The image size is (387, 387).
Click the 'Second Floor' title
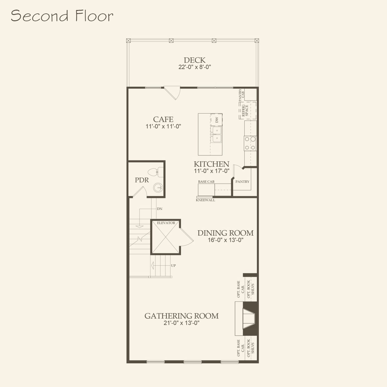click(62, 16)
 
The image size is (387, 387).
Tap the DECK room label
click(194, 60)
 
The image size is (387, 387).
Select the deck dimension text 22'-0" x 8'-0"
click(194, 67)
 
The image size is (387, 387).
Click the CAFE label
click(163, 119)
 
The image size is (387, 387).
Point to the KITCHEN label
click(211, 164)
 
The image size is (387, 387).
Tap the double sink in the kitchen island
click(216, 134)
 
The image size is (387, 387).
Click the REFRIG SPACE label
click(245, 110)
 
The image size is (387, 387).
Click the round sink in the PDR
click(158, 188)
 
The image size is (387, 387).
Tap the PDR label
click(142, 180)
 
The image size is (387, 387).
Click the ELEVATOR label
click(166, 223)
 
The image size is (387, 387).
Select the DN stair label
click(159, 209)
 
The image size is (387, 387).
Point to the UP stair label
click(173, 266)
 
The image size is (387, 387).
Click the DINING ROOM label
click(225, 233)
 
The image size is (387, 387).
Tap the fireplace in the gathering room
click(249, 319)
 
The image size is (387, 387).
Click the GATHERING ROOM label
click(181, 316)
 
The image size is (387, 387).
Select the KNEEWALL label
click(205, 200)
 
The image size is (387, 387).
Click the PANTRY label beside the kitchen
click(242, 182)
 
